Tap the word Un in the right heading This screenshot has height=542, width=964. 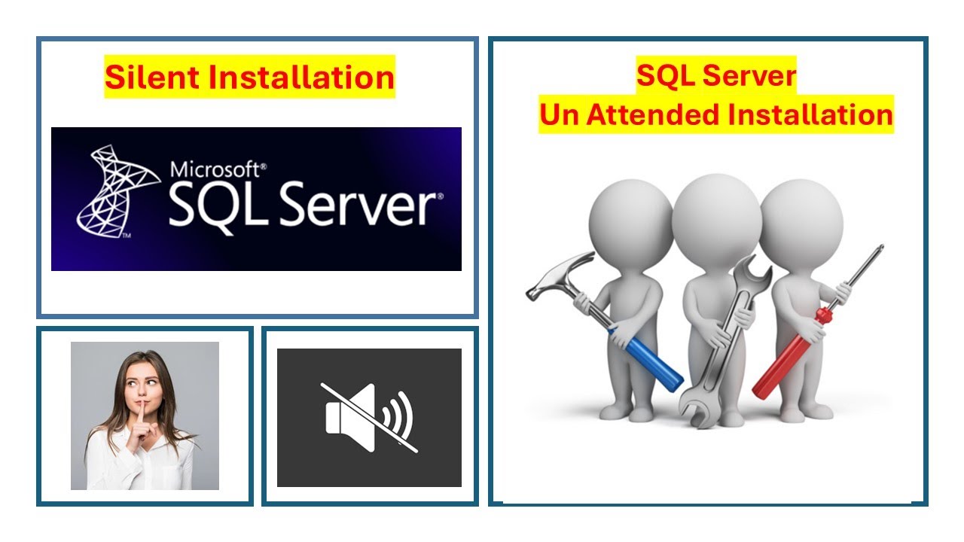pyautogui.click(x=559, y=114)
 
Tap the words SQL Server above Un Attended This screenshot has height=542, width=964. pyautogui.click(x=715, y=76)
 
